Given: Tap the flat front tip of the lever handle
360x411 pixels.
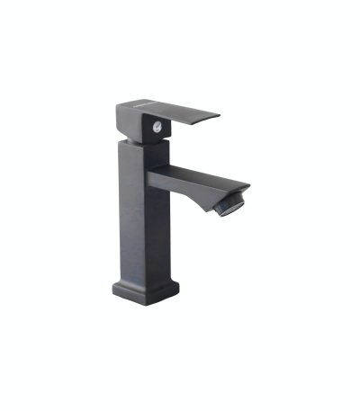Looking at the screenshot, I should click(216, 115).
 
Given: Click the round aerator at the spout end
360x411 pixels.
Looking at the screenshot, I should click(232, 202).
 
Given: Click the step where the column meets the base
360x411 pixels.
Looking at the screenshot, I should click(144, 278).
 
